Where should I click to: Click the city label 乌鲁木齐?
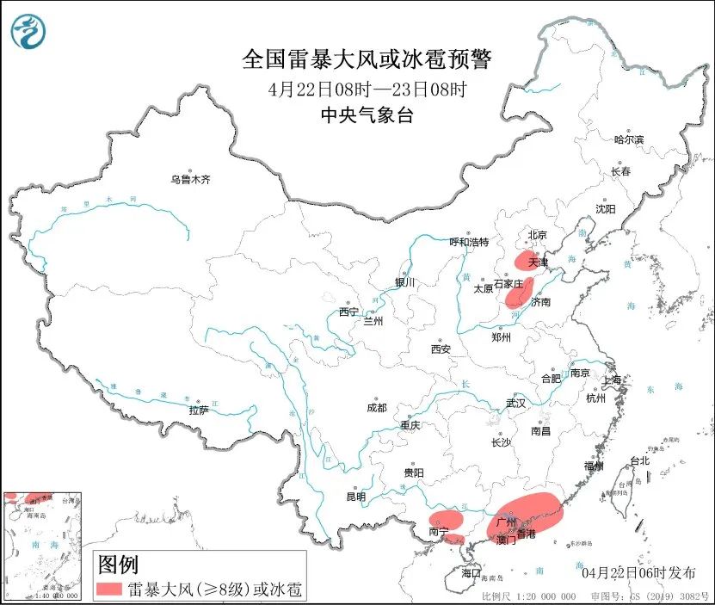click(189, 180)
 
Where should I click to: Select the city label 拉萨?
click(199, 411)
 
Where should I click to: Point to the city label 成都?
click(376, 408)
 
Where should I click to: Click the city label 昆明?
click(355, 497)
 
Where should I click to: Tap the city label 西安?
click(441, 349)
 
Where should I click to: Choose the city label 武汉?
click(515, 403)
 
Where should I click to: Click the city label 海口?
click(471, 572)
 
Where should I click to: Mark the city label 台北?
click(639, 461)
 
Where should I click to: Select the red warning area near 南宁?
click(445, 520)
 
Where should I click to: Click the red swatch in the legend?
click(109, 590)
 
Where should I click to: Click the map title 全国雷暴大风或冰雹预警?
click(367, 59)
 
